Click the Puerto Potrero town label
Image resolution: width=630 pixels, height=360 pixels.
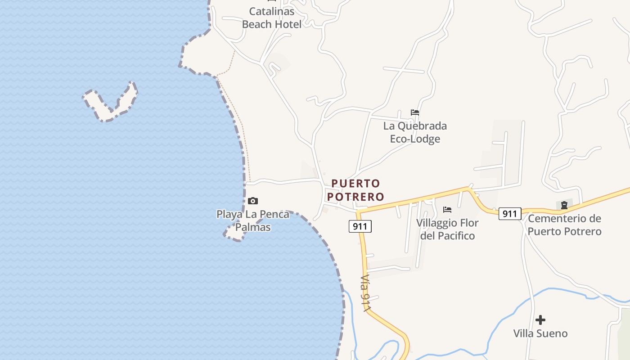coord(355,190)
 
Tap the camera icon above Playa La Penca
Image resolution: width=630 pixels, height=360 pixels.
coord(253,201)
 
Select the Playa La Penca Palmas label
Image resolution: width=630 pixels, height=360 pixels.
coord(253,220)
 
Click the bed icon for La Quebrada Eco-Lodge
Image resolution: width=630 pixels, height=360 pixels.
coord(415,112)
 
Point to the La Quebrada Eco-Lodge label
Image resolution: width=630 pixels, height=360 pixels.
coord(415,132)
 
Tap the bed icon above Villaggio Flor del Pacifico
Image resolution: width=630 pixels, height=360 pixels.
coord(447,210)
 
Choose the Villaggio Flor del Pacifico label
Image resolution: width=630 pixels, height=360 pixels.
coord(447,229)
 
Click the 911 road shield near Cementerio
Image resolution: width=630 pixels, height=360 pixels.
coord(509,213)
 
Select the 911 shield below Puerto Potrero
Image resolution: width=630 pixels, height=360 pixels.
coord(360,226)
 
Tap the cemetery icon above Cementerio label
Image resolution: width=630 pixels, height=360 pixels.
coord(564,205)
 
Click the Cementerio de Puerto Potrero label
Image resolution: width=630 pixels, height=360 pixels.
coord(564,225)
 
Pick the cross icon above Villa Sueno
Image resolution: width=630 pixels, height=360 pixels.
coord(540,320)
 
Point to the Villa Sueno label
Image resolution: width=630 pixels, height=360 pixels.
coord(540,333)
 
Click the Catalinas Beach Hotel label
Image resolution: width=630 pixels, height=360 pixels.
coord(272,18)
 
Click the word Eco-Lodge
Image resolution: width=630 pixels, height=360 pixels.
coord(415,139)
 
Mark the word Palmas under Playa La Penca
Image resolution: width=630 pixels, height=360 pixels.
coord(253,227)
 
